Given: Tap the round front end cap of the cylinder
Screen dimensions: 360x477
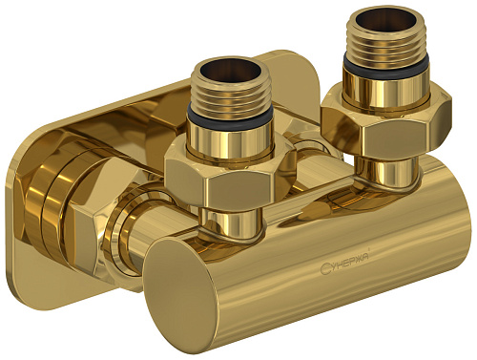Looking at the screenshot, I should click(191, 292).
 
